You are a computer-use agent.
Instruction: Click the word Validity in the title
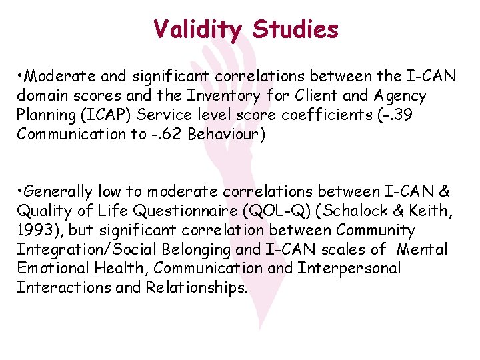(x=197, y=29)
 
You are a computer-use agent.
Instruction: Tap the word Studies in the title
(x=295, y=29)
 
